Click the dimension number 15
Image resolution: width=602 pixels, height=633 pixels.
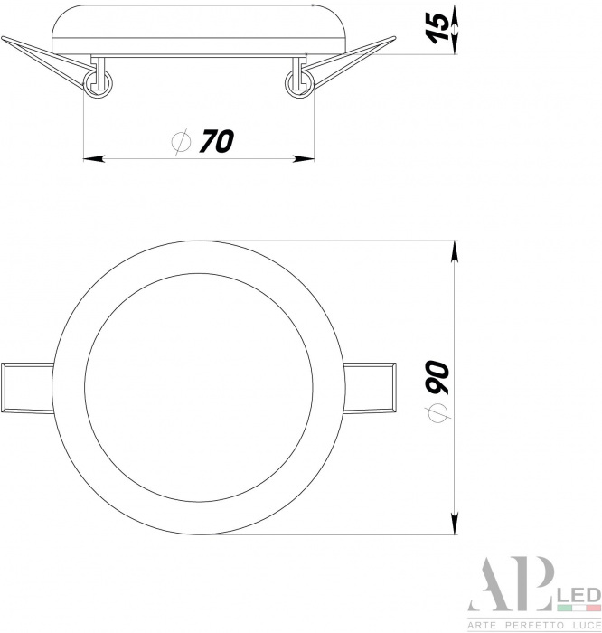click(437, 27)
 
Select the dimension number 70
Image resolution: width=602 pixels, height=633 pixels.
click(217, 141)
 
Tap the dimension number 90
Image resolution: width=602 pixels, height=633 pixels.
click(437, 377)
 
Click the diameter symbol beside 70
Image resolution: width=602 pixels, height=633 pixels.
click(181, 141)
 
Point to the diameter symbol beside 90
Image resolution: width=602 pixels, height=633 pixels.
click(437, 412)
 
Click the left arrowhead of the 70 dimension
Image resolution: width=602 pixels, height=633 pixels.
click(94, 158)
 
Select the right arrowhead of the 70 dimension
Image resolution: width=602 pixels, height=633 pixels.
click(304, 158)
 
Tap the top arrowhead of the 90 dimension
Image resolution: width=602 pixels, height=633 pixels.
click(455, 251)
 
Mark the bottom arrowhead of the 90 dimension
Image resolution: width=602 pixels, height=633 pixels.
click(455, 524)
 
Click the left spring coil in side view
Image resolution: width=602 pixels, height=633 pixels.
click(98, 84)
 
